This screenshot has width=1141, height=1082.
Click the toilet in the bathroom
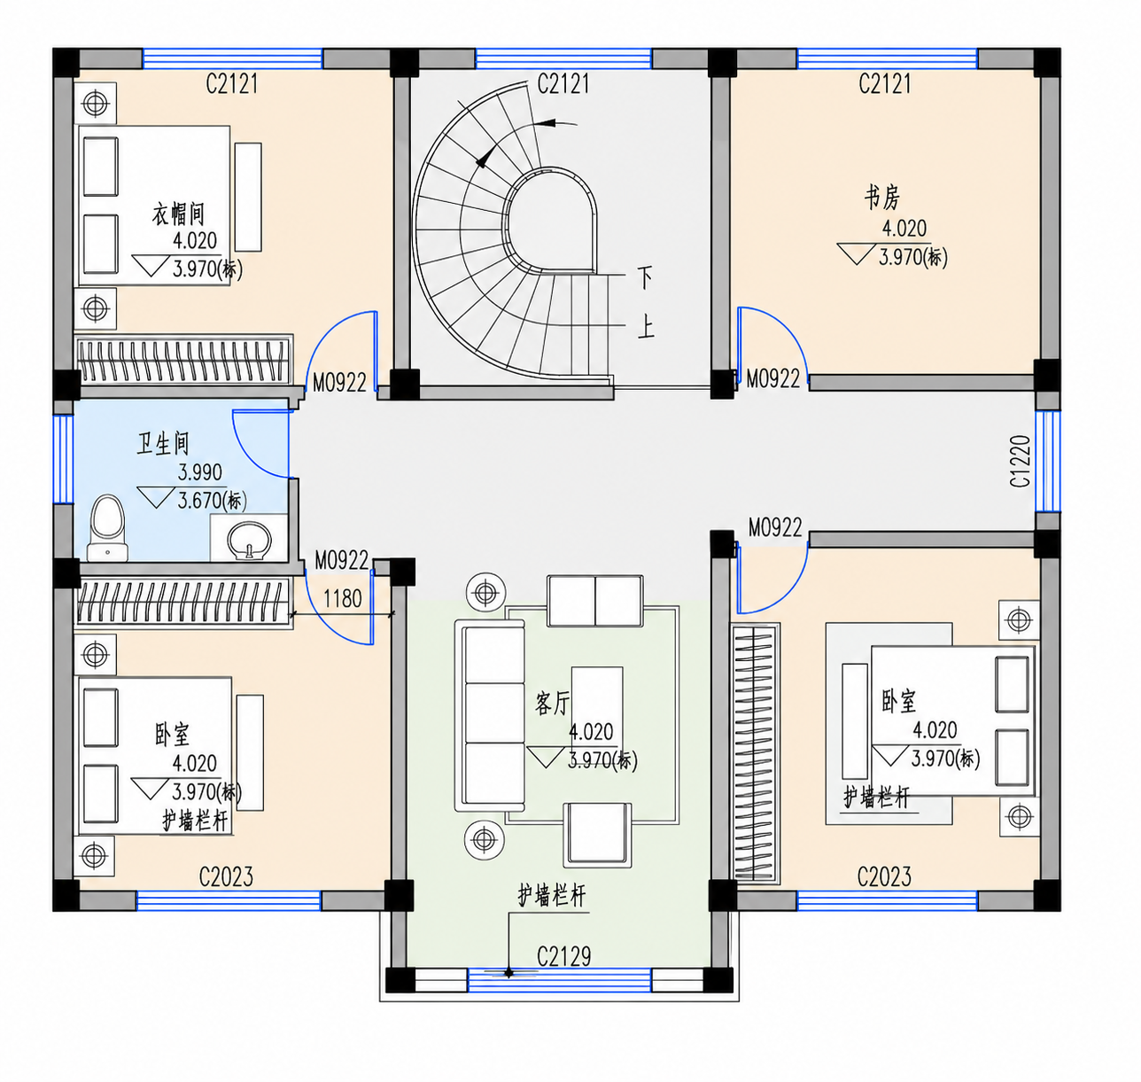tap(107, 528)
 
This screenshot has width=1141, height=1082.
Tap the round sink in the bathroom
tap(249, 541)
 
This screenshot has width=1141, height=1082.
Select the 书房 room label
tap(881, 198)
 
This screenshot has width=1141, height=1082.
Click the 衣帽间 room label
tap(178, 214)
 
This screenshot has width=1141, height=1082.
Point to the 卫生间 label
tap(163, 443)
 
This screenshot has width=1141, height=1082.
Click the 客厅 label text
tap(552, 704)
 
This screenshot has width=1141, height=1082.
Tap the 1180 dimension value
tap(342, 599)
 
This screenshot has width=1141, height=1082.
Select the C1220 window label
tap(1020, 461)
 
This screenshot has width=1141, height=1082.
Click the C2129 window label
tap(563, 956)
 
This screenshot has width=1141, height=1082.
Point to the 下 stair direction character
tap(645, 277)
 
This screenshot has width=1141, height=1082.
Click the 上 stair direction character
tap(646, 326)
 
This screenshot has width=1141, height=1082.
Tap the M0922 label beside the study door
tap(772, 379)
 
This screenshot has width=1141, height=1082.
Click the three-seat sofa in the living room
tap(490, 715)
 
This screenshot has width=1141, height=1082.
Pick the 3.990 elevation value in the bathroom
tap(199, 472)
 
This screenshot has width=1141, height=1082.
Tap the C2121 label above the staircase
tap(563, 83)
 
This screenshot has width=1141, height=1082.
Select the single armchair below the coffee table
tap(598, 835)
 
